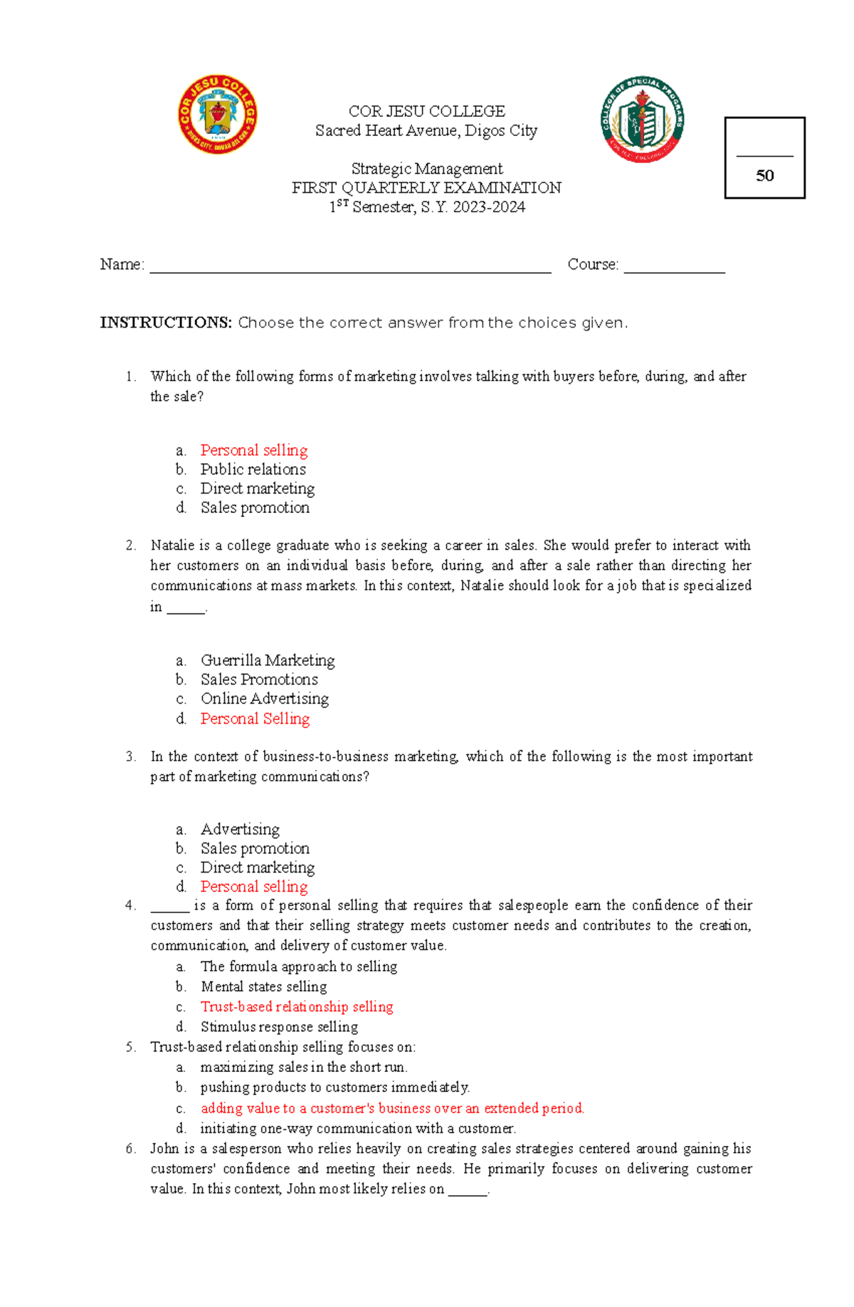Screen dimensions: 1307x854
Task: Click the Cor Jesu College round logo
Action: click(x=217, y=115)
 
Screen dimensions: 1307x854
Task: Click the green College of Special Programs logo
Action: click(x=643, y=120)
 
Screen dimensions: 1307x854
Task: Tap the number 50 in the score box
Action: click(x=764, y=176)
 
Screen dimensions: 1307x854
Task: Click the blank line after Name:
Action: click(x=350, y=268)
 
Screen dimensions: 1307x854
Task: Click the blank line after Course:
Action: click(x=674, y=268)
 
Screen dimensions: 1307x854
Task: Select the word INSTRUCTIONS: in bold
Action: click(x=166, y=323)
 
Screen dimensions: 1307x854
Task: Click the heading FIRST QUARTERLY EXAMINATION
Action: click(x=426, y=188)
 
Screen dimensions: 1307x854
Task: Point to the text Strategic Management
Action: click(x=426, y=169)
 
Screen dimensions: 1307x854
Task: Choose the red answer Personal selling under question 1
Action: click(x=254, y=450)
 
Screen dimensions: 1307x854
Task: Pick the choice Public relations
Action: click(x=253, y=469)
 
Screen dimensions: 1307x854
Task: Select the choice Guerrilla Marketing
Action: click(x=268, y=660)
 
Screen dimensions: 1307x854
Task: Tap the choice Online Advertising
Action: click(x=265, y=699)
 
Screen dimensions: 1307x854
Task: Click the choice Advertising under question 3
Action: click(x=240, y=829)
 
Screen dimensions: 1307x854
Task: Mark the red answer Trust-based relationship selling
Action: click(x=297, y=1006)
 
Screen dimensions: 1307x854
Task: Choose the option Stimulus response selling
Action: click(x=279, y=1026)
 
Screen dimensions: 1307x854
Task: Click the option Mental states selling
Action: click(x=263, y=986)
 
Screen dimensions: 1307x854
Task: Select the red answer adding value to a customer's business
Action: click(x=392, y=1108)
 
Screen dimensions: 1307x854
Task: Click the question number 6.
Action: click(x=130, y=1148)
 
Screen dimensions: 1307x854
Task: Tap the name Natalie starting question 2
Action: click(x=170, y=546)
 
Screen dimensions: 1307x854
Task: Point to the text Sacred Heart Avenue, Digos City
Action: click(x=426, y=131)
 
